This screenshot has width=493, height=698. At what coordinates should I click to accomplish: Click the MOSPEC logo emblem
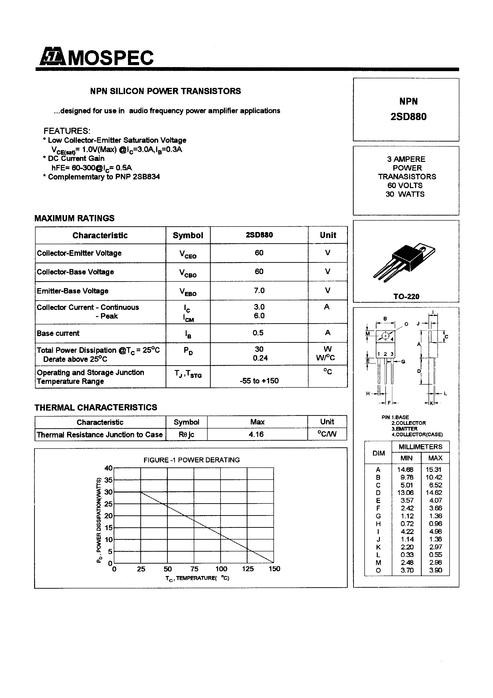(52, 57)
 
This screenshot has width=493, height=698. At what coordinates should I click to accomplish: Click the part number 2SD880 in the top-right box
(408, 117)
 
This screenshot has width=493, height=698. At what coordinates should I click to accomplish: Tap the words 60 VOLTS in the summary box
(405, 185)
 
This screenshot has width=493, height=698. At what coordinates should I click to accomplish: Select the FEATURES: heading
(67, 131)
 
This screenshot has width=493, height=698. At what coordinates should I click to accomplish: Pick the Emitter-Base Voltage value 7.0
(259, 291)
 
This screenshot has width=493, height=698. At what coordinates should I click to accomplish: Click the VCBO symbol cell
(188, 273)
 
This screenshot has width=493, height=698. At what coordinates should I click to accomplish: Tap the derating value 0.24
(260, 358)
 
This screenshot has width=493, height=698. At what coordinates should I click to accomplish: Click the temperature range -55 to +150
(259, 381)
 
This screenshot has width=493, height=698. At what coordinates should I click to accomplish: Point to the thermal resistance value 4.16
(256, 434)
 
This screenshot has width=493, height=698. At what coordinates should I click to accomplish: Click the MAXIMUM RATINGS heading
(74, 218)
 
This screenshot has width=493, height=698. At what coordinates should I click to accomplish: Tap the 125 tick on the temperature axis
(248, 569)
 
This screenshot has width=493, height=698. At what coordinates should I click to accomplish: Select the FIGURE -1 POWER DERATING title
(191, 460)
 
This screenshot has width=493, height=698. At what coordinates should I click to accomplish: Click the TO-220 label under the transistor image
(406, 296)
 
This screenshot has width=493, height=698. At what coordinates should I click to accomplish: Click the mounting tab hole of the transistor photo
(422, 249)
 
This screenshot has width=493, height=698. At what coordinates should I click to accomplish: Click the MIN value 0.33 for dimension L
(407, 555)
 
